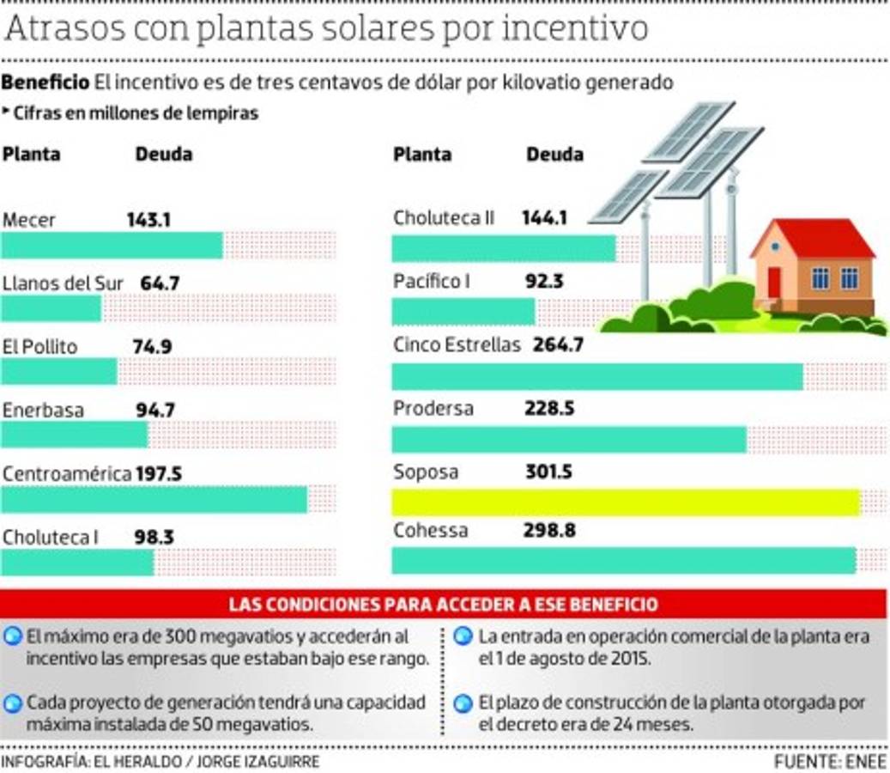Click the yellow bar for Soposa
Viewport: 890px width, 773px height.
[x=625, y=502]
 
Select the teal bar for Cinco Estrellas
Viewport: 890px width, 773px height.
[x=596, y=376]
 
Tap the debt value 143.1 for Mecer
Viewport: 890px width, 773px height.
[x=148, y=220]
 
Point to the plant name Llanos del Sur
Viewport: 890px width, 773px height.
[x=63, y=283]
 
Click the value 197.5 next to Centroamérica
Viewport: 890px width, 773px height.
[x=159, y=473]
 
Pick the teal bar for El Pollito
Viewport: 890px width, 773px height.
[x=58, y=372]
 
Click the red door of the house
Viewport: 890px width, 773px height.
[x=774, y=283]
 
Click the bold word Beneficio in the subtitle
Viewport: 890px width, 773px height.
[x=45, y=83]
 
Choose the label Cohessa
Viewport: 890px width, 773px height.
[x=430, y=531]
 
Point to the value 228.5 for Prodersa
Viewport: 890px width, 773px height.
[x=548, y=409]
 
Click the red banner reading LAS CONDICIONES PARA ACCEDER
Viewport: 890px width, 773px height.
[x=443, y=604]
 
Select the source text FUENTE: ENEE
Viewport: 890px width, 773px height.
[x=829, y=762]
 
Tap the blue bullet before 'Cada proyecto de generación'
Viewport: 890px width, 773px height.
[x=12, y=703]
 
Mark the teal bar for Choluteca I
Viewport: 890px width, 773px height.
[x=77, y=563]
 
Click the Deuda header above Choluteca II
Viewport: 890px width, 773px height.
[x=554, y=155]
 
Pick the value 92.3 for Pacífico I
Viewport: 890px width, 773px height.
[x=544, y=282]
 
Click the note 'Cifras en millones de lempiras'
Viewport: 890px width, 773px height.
[x=135, y=113]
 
